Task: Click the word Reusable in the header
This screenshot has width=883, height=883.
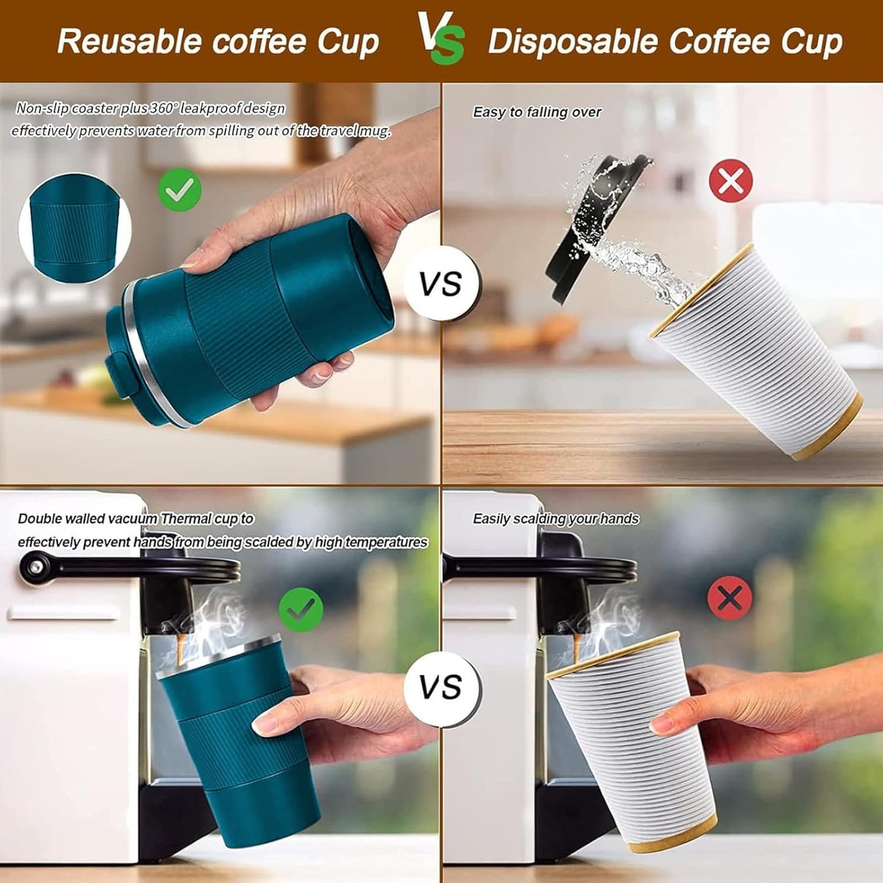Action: [x=130, y=42]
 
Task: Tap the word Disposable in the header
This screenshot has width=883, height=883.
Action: [x=571, y=42]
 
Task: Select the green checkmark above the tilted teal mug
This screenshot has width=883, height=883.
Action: [x=180, y=189]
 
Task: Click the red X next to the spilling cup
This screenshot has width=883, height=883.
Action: [x=730, y=180]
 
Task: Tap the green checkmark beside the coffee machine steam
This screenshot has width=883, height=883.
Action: [x=301, y=609]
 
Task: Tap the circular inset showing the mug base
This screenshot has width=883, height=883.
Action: [x=75, y=227]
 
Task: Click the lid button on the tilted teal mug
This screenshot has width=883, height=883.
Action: [x=117, y=373]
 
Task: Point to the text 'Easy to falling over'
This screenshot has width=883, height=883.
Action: [x=537, y=112]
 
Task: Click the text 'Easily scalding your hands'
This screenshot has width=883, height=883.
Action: [x=555, y=519]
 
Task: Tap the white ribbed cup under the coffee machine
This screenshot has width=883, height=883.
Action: [x=632, y=739]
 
